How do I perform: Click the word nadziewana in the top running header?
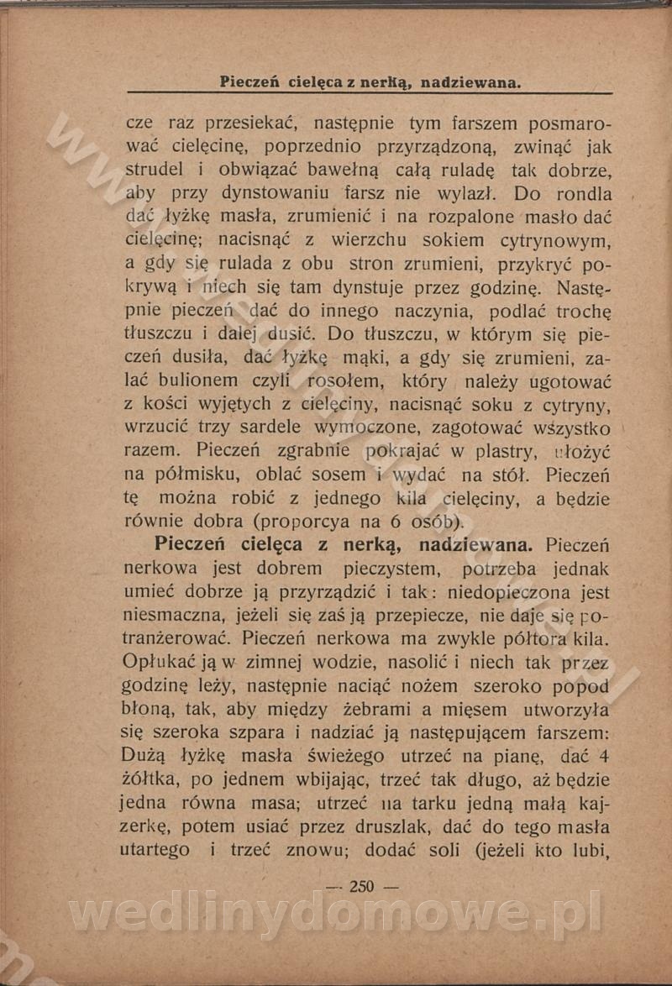click(x=470, y=82)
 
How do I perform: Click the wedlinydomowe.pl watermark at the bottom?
click(x=336, y=912)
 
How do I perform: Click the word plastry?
click(x=506, y=453)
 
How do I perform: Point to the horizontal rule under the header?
click(x=370, y=92)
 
